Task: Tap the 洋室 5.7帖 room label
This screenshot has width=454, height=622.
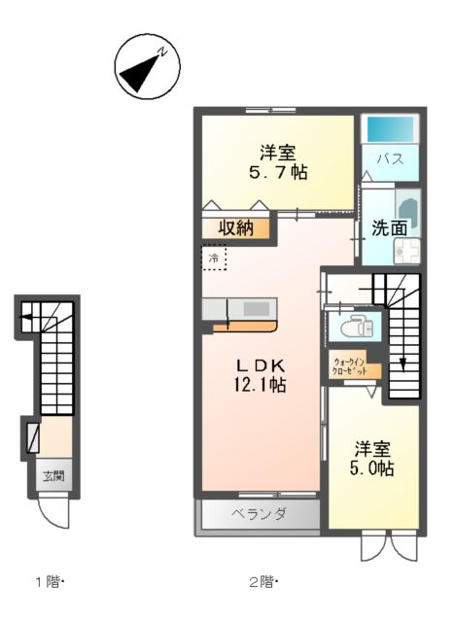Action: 277,161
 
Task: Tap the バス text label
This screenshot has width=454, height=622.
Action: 390,158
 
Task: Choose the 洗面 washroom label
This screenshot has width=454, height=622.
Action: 389,228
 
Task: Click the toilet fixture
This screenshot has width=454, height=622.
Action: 356,327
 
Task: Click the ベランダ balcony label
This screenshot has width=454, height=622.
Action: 259,513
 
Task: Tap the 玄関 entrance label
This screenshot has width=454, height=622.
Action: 52,475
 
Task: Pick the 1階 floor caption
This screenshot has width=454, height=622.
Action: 48,582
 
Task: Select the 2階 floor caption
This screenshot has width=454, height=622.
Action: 262,582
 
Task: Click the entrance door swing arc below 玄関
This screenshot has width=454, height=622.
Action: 56,511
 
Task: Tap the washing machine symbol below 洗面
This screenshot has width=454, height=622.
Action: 405,252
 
